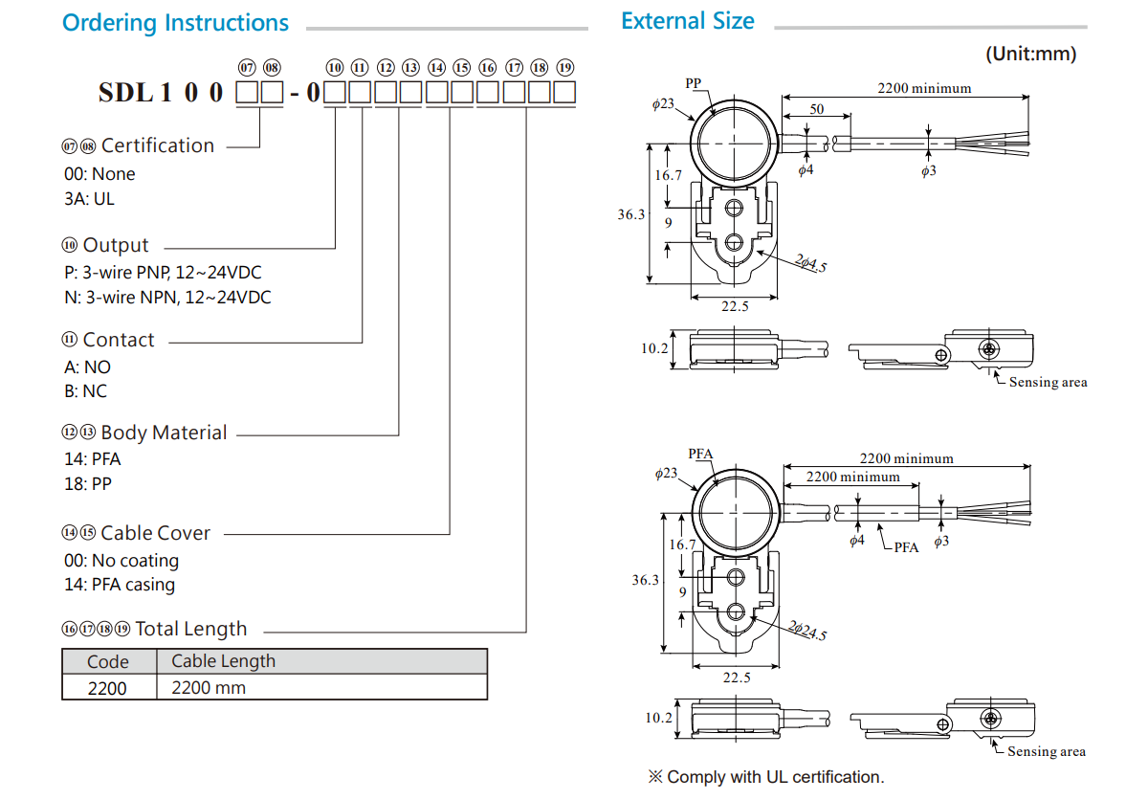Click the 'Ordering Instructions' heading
(x=175, y=23)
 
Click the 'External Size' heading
(x=687, y=21)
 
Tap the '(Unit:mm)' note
(x=1030, y=55)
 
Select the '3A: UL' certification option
(x=89, y=199)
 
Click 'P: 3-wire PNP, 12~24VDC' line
(x=163, y=272)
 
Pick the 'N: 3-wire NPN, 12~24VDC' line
(x=167, y=298)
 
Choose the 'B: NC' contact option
(x=86, y=391)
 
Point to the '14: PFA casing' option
(x=120, y=585)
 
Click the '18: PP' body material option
(x=88, y=484)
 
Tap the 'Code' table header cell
(x=108, y=661)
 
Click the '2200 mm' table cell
(x=209, y=688)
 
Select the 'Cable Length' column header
(x=223, y=661)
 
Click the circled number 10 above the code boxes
(x=335, y=68)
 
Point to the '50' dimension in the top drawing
(x=816, y=109)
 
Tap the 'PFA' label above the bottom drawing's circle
(x=701, y=454)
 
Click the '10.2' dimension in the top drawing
(x=654, y=348)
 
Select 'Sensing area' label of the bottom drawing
(x=1047, y=751)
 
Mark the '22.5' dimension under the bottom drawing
(x=736, y=678)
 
